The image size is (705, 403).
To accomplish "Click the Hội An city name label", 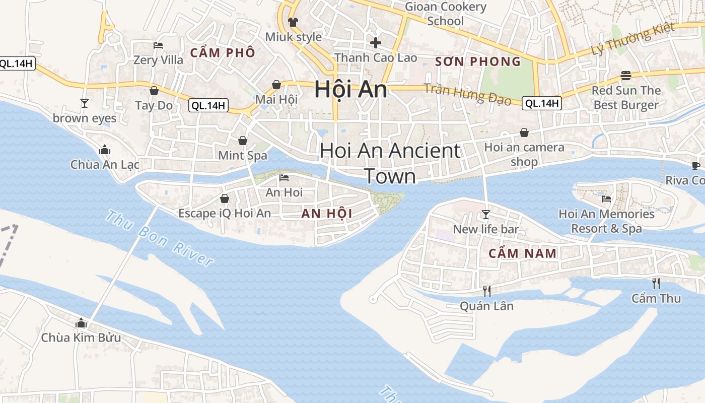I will (x=351, y=90).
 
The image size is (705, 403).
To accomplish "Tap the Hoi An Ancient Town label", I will (x=390, y=163).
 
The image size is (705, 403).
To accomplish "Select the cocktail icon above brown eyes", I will (x=85, y=103).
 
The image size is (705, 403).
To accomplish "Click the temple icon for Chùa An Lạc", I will (x=105, y=150).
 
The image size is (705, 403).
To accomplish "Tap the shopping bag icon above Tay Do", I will (x=154, y=91).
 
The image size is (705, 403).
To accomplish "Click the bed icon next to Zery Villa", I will (x=158, y=45).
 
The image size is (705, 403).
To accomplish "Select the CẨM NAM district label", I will (x=523, y=253).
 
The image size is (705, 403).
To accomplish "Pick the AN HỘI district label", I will (x=327, y=214).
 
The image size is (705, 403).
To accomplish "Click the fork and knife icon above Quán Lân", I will (x=486, y=291).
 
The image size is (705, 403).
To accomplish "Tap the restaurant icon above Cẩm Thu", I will (x=656, y=283).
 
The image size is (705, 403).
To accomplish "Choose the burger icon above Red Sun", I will (x=626, y=76).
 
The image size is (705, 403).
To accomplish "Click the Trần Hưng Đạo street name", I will (x=467, y=94).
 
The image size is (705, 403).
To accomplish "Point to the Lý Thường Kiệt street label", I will (x=632, y=39).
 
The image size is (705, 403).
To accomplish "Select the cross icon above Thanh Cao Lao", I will (x=376, y=43).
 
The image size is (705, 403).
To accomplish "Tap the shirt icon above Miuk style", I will (x=293, y=22).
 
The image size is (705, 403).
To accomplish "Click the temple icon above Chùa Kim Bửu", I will (x=81, y=323).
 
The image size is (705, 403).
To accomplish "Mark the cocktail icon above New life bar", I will (x=485, y=215).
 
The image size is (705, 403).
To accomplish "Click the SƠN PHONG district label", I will (x=477, y=62).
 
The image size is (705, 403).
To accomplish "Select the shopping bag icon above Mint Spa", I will (x=243, y=141).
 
